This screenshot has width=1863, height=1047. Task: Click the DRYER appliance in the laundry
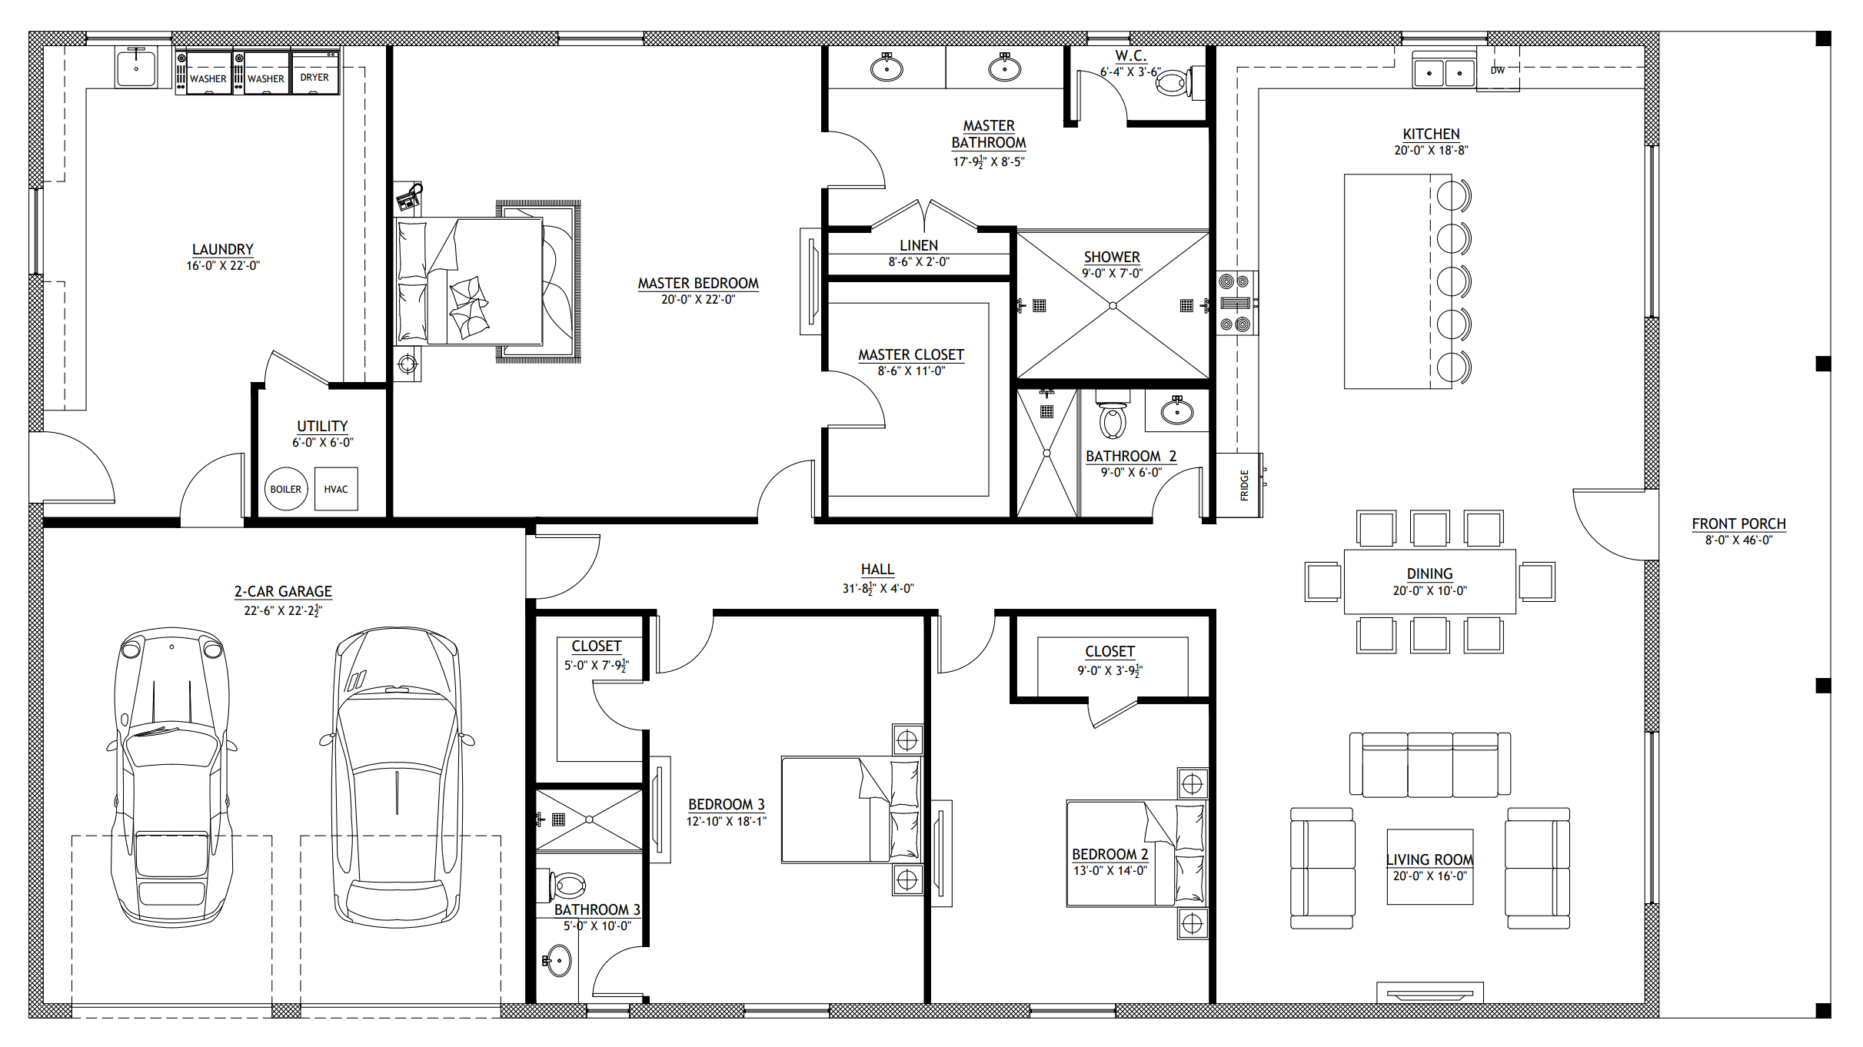[x=315, y=71]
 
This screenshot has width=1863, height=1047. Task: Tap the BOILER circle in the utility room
[x=286, y=489]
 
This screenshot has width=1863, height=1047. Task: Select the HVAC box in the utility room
[x=336, y=489]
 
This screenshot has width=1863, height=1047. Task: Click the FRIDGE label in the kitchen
[x=1244, y=485]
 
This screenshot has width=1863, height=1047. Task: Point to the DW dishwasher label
[x=1498, y=71]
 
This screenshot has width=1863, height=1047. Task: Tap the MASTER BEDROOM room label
[x=698, y=283]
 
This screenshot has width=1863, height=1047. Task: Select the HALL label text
[x=877, y=569]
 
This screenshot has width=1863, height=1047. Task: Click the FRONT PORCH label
[x=1738, y=523]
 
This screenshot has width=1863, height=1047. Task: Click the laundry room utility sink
[x=136, y=67]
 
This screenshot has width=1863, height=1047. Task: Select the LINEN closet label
[x=919, y=245]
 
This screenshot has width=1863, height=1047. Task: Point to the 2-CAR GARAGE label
[x=283, y=591]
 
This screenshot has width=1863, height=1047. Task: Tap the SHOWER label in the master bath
[x=1112, y=257]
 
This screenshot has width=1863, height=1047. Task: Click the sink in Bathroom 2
[x=1176, y=410]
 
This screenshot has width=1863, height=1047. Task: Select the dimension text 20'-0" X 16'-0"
[x=1430, y=876]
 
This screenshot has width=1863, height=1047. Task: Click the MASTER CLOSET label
[x=911, y=354]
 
